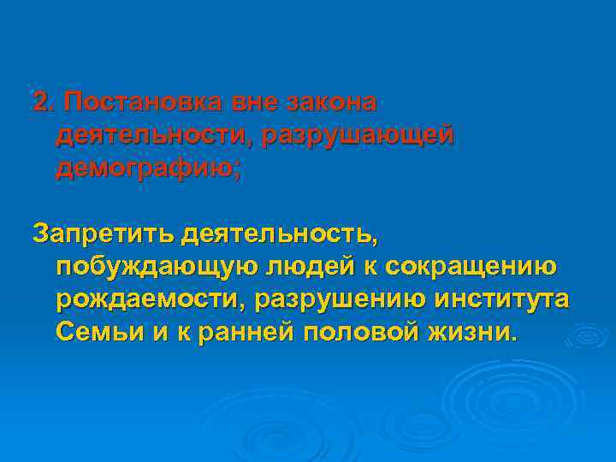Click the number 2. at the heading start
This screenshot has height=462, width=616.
(42, 103)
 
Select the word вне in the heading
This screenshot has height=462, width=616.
(258, 103)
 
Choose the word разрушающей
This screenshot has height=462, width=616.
(360, 136)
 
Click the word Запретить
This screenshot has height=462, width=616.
(102, 234)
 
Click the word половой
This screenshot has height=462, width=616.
(364, 333)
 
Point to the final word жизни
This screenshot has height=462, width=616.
(478, 333)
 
